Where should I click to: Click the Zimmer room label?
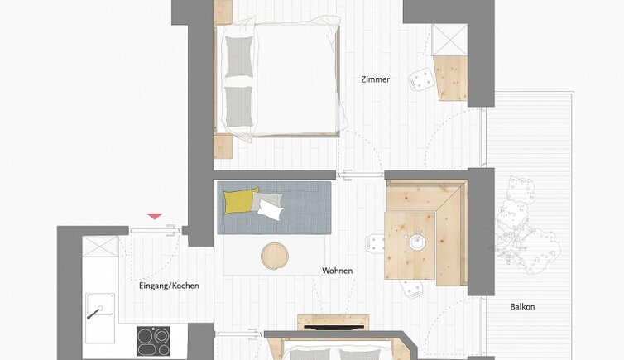tap(375, 79)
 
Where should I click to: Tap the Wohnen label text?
tap(337, 271)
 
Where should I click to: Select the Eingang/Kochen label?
tap(169, 286)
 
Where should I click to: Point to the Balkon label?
tap(522, 307)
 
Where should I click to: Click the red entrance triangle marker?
tap(155, 216)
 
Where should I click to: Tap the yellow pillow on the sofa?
tap(240, 201)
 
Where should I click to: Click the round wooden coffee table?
tap(275, 256)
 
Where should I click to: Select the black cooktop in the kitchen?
tap(153, 341)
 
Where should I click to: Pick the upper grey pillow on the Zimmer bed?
tap(239, 56)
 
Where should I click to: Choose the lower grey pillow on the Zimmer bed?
tap(239, 106)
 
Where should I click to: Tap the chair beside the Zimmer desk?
tap(421, 79)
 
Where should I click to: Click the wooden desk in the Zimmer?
tap(451, 78)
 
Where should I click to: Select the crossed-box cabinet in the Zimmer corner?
tap(449, 40)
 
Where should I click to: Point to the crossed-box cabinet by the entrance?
tap(100, 247)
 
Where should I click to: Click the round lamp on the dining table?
tap(416, 242)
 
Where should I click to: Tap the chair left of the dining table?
tap(375, 243)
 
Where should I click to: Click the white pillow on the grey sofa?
tap(271, 209)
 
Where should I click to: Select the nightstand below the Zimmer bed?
tap(223, 146)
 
